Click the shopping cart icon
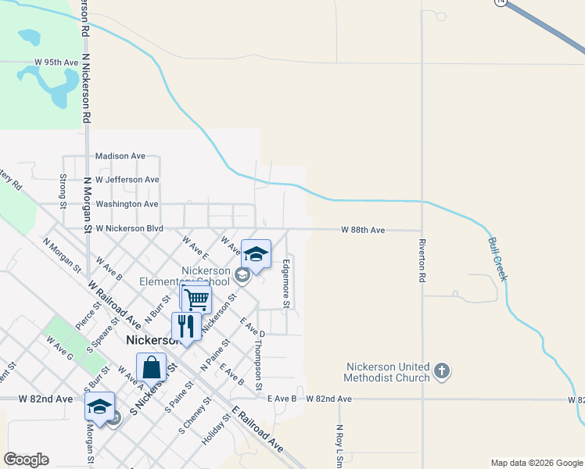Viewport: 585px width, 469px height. pyautogui.click(x=196, y=299)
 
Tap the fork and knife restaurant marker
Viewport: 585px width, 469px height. pyautogui.click(x=185, y=326)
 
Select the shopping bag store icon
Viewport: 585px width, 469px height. pyautogui.click(x=151, y=367)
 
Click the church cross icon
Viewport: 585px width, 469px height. pyautogui.click(x=442, y=370)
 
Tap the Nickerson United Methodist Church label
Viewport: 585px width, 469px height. pyautogui.click(x=389, y=372)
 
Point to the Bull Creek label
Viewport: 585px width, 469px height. pyautogui.click(x=498, y=259)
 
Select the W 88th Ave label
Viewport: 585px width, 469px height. pyautogui.click(x=363, y=230)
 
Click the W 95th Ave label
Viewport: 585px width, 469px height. pyautogui.click(x=56, y=62)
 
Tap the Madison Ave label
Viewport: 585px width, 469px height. pyautogui.click(x=120, y=156)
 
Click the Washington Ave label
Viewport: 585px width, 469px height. pyautogui.click(x=127, y=204)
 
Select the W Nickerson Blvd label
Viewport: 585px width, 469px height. pyautogui.click(x=124, y=228)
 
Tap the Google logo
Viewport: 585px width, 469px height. pyautogui.click(x=26, y=460)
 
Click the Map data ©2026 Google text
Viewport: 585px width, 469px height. pyautogui.click(x=536, y=463)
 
